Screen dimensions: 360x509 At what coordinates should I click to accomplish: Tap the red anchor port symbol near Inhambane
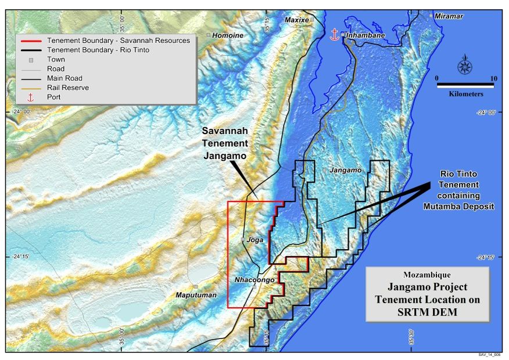[x=334, y=34]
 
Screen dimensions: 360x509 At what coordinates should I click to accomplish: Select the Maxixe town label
[x=296, y=20]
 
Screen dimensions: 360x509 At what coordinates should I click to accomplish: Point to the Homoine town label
[x=228, y=35]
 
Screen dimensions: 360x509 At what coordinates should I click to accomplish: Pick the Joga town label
[x=255, y=239]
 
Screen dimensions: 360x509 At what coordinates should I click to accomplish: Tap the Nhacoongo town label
[x=254, y=280]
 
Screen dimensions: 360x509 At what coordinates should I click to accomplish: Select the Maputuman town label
[x=196, y=295]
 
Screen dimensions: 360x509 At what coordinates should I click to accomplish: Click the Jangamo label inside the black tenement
[x=345, y=170]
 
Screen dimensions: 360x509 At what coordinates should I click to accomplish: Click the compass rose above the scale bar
[x=465, y=65]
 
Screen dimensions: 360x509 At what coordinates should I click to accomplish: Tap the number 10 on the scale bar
[x=493, y=78]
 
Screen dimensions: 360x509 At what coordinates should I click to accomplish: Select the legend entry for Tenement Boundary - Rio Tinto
[x=98, y=50]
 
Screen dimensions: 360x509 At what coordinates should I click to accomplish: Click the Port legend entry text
[x=54, y=97]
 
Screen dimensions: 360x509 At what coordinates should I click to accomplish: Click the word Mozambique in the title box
[x=426, y=275]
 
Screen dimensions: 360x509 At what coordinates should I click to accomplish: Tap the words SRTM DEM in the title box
[x=426, y=312]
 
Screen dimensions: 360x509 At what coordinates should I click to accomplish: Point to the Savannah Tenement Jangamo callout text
[x=225, y=143]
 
